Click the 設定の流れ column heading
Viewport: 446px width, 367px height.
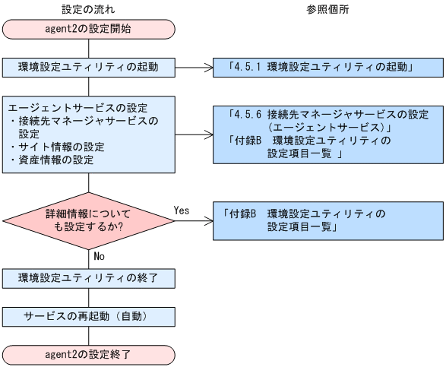[x=89, y=8]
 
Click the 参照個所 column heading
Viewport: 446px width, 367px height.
[x=327, y=8]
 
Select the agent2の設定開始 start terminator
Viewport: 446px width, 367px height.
[x=89, y=30]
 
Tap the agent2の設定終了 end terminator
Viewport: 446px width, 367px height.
[x=89, y=353]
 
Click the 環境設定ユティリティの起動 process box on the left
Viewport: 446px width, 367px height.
[x=89, y=67]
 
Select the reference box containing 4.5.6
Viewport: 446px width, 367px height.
[x=327, y=134]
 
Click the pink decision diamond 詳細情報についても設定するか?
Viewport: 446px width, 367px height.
[x=89, y=219]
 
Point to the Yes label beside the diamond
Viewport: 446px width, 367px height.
[x=182, y=209]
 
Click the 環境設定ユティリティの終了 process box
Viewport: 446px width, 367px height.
[x=89, y=277]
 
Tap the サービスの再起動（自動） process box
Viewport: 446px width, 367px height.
[x=89, y=315]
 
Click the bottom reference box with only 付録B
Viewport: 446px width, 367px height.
[x=327, y=219]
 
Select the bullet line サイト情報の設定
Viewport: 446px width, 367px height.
[x=58, y=146]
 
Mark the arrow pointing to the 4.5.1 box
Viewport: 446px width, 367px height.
[x=195, y=67]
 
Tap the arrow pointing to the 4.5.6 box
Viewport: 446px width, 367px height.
[x=195, y=135]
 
